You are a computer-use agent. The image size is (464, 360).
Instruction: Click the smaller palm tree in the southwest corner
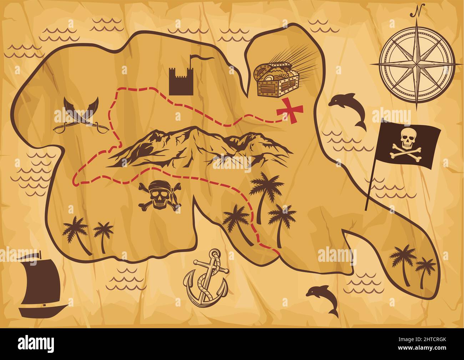click(104, 236)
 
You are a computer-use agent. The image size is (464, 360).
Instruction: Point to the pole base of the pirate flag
click(367, 209)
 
